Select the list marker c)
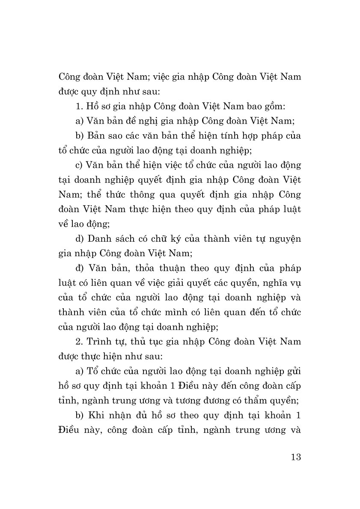[x=79, y=165]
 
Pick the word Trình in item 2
[x=101, y=342]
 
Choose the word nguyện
[x=285, y=238]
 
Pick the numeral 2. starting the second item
[x=79, y=342]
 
